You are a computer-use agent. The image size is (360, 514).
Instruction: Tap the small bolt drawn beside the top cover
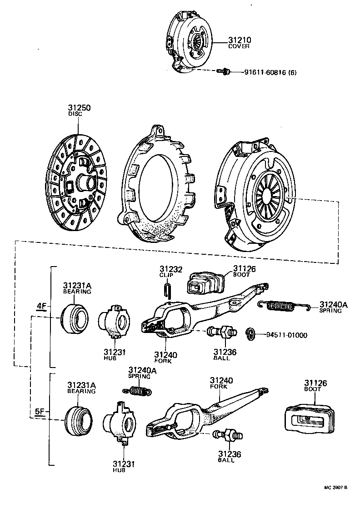tap(224, 71)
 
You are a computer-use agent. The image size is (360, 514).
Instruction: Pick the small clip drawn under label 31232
tap(168, 290)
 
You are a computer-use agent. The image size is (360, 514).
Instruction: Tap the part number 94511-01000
tap(287, 335)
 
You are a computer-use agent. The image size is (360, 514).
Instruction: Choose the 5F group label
tap(40, 412)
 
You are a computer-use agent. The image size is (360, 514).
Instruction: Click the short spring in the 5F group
tap(138, 390)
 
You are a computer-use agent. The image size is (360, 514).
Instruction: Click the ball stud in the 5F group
tap(228, 435)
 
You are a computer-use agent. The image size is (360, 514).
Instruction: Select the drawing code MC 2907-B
tap(335, 488)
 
